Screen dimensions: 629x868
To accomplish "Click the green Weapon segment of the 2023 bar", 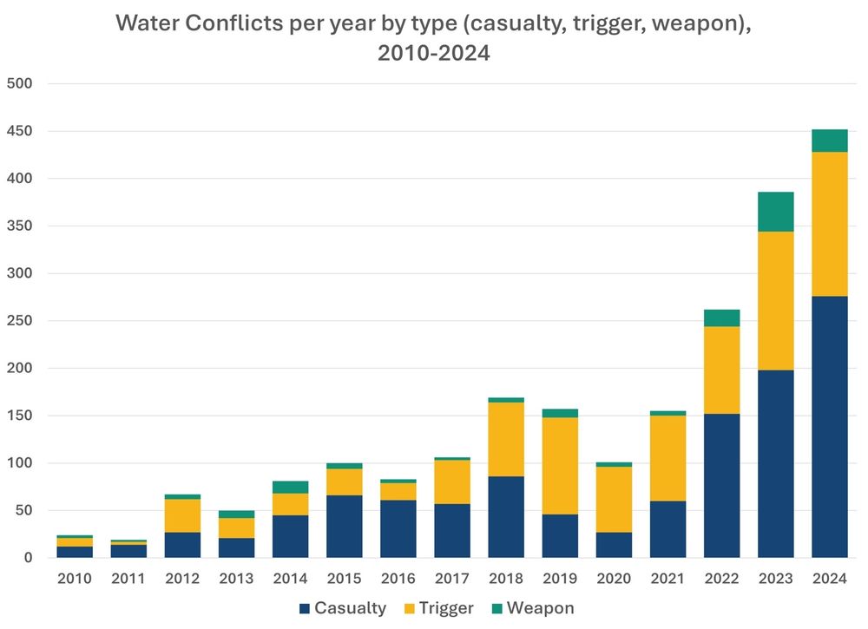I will [776, 212].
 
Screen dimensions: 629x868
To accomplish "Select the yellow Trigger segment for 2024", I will [830, 224].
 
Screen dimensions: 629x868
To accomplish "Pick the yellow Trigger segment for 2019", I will [560, 466].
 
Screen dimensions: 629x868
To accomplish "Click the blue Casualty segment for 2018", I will [506, 516].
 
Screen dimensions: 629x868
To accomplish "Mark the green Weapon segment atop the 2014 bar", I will [291, 487].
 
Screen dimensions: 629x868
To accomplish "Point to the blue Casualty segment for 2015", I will [345, 526].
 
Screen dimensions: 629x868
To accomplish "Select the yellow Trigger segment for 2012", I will [182, 515].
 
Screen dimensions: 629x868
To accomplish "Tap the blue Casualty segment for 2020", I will [614, 544].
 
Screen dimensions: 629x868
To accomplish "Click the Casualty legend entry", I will [342, 608].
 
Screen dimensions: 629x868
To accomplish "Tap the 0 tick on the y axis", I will [28, 558].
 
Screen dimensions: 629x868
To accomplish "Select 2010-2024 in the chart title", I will [433, 54].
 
